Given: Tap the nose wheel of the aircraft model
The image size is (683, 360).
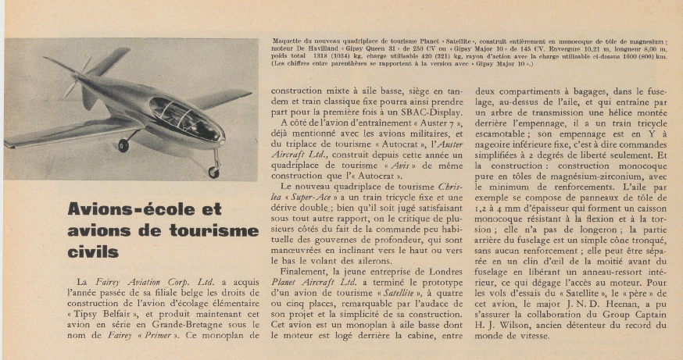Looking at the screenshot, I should (213, 171).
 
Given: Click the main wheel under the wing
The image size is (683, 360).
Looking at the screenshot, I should (123, 145).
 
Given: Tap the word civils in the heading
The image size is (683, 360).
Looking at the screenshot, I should (93, 252).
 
